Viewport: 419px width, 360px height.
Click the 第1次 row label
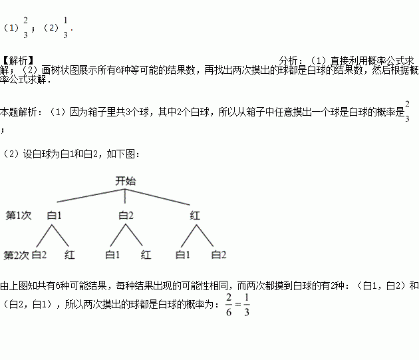tap(19, 215)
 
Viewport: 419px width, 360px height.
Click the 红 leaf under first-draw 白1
tap(70, 254)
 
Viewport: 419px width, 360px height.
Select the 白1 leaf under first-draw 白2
tap(112, 254)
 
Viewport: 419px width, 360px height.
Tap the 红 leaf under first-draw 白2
tap(146, 254)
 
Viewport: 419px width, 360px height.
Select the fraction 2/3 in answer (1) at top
tap(25, 28)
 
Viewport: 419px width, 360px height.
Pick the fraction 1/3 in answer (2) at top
tap(65, 28)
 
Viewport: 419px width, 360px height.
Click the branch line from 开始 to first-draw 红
tap(160, 194)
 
